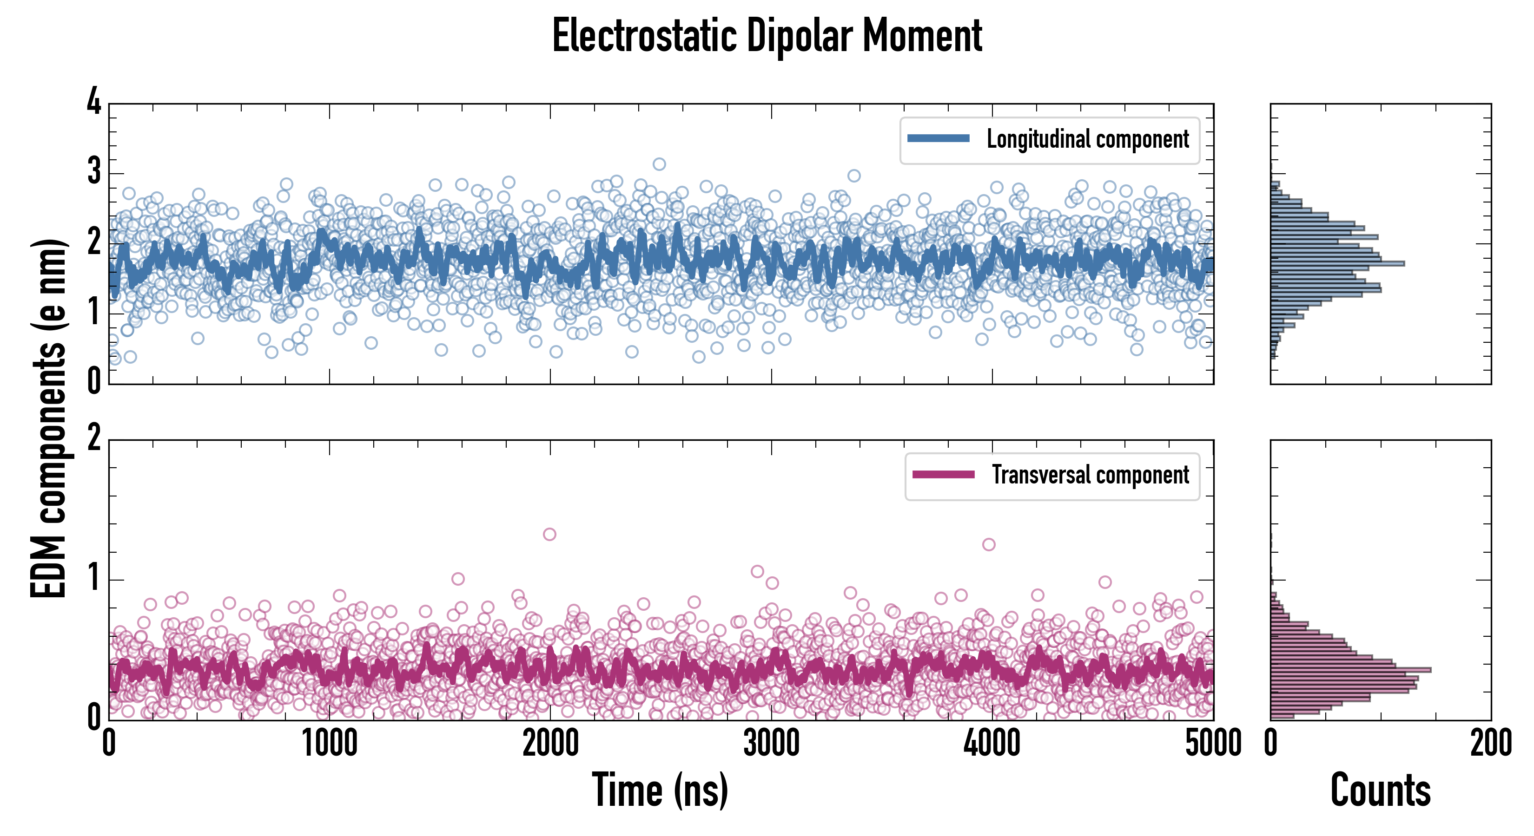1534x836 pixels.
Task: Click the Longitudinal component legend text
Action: (x=1087, y=139)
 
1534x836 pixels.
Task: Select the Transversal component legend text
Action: (x=1090, y=475)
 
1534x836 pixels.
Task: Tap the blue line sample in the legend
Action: (x=938, y=139)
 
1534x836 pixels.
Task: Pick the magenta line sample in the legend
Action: (x=943, y=474)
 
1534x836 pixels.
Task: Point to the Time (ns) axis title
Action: (x=660, y=790)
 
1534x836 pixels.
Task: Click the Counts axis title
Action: (x=1380, y=790)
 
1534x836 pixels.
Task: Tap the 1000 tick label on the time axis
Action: (x=329, y=744)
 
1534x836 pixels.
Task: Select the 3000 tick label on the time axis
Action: (x=771, y=744)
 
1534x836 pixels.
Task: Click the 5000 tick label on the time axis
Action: (x=1213, y=744)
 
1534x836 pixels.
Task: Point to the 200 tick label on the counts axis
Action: (x=1490, y=744)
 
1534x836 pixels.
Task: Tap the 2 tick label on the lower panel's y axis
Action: (x=94, y=438)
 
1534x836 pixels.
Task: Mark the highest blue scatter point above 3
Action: (x=659, y=164)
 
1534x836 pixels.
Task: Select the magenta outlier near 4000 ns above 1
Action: (x=989, y=544)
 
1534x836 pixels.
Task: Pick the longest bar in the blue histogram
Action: (x=1337, y=263)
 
